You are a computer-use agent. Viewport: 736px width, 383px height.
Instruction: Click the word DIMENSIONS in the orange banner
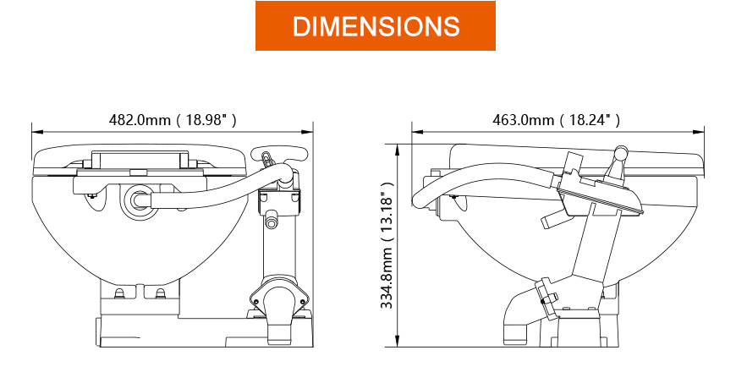(x=376, y=26)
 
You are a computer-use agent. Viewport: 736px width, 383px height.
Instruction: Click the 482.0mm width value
(x=140, y=120)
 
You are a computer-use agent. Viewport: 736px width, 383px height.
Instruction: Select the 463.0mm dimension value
(x=523, y=120)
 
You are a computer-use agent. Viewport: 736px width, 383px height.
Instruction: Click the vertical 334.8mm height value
(x=387, y=278)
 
